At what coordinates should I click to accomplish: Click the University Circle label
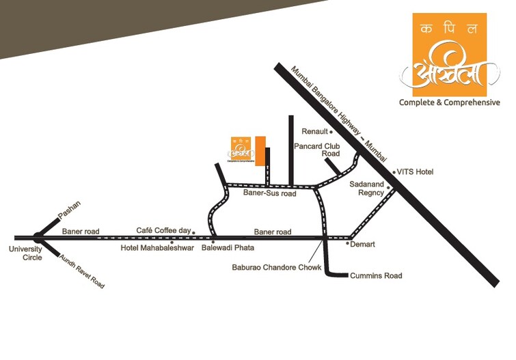click(25, 253)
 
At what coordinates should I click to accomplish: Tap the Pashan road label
click(69, 209)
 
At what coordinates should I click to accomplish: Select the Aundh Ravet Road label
click(82, 270)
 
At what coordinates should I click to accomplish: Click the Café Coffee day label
click(164, 231)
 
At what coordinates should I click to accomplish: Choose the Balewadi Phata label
click(228, 247)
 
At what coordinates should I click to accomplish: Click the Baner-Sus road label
click(269, 193)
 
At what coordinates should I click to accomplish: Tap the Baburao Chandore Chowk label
click(276, 268)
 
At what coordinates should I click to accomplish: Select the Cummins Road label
click(376, 276)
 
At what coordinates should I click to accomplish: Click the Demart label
click(364, 244)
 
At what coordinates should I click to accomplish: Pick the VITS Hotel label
click(415, 172)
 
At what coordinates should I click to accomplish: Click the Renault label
click(315, 131)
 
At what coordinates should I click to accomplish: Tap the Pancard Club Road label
click(317, 150)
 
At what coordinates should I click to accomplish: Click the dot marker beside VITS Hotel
click(394, 172)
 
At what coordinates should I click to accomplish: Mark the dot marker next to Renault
click(331, 131)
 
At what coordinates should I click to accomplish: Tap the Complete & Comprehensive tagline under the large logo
click(449, 102)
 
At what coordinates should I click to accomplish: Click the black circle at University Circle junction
click(38, 238)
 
